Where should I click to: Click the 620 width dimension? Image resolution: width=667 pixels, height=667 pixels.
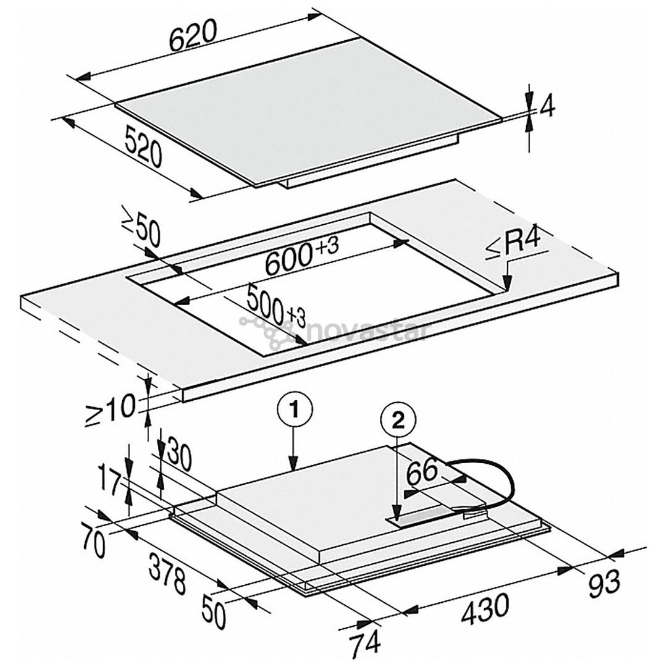click(x=194, y=37)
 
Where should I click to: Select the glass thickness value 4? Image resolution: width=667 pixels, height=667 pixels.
click(x=547, y=109)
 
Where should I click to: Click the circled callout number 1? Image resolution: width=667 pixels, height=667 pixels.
click(x=295, y=409)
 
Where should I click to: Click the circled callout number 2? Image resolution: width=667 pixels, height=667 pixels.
click(x=397, y=421)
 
